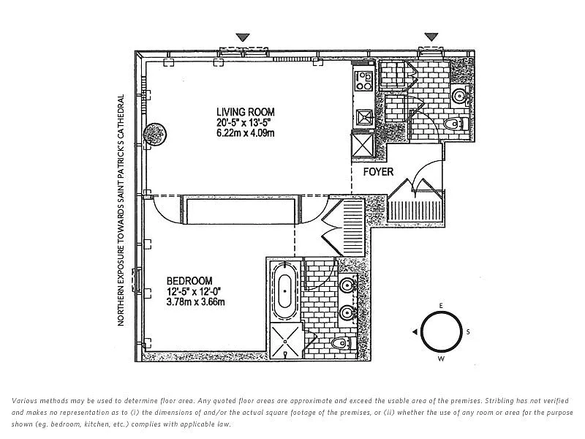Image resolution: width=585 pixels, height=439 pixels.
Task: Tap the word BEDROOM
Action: pos(189,280)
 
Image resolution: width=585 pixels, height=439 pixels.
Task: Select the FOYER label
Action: pos(378,172)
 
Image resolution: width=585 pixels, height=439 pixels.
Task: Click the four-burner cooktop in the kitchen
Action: pos(363,80)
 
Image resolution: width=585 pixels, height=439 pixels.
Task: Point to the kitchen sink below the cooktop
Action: pos(363,116)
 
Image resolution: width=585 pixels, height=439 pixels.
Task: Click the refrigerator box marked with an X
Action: pos(363,143)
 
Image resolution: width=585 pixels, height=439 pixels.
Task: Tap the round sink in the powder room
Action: pos(459,94)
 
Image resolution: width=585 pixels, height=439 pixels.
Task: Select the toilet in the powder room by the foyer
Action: pos(456,124)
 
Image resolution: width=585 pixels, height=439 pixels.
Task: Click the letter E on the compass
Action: pos(441,304)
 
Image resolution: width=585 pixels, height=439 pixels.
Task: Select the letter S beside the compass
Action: pos(468,331)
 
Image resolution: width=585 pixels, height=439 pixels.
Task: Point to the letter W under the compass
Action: pos(441,359)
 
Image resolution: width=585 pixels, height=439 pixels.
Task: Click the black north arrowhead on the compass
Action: pos(415,332)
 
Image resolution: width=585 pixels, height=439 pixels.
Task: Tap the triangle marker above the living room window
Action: pos(243,37)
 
